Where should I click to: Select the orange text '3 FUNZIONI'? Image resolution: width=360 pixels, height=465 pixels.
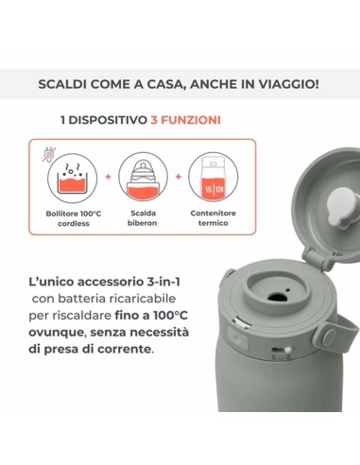pyautogui.click(x=186, y=121)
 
